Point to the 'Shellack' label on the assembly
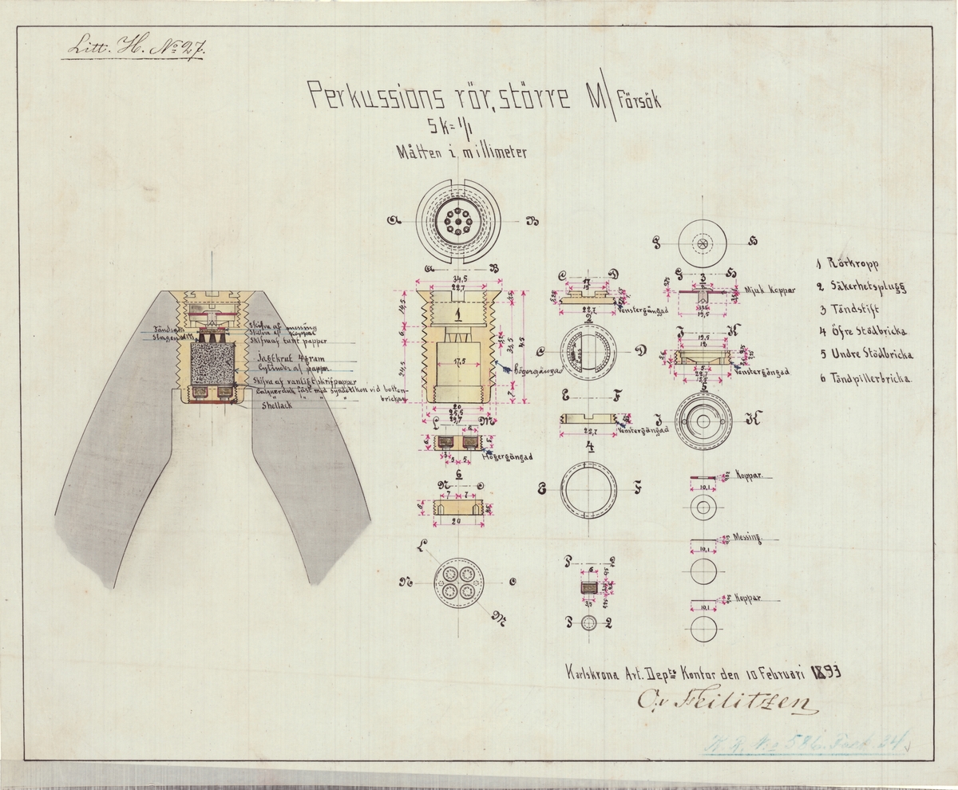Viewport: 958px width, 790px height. pos(279,405)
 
